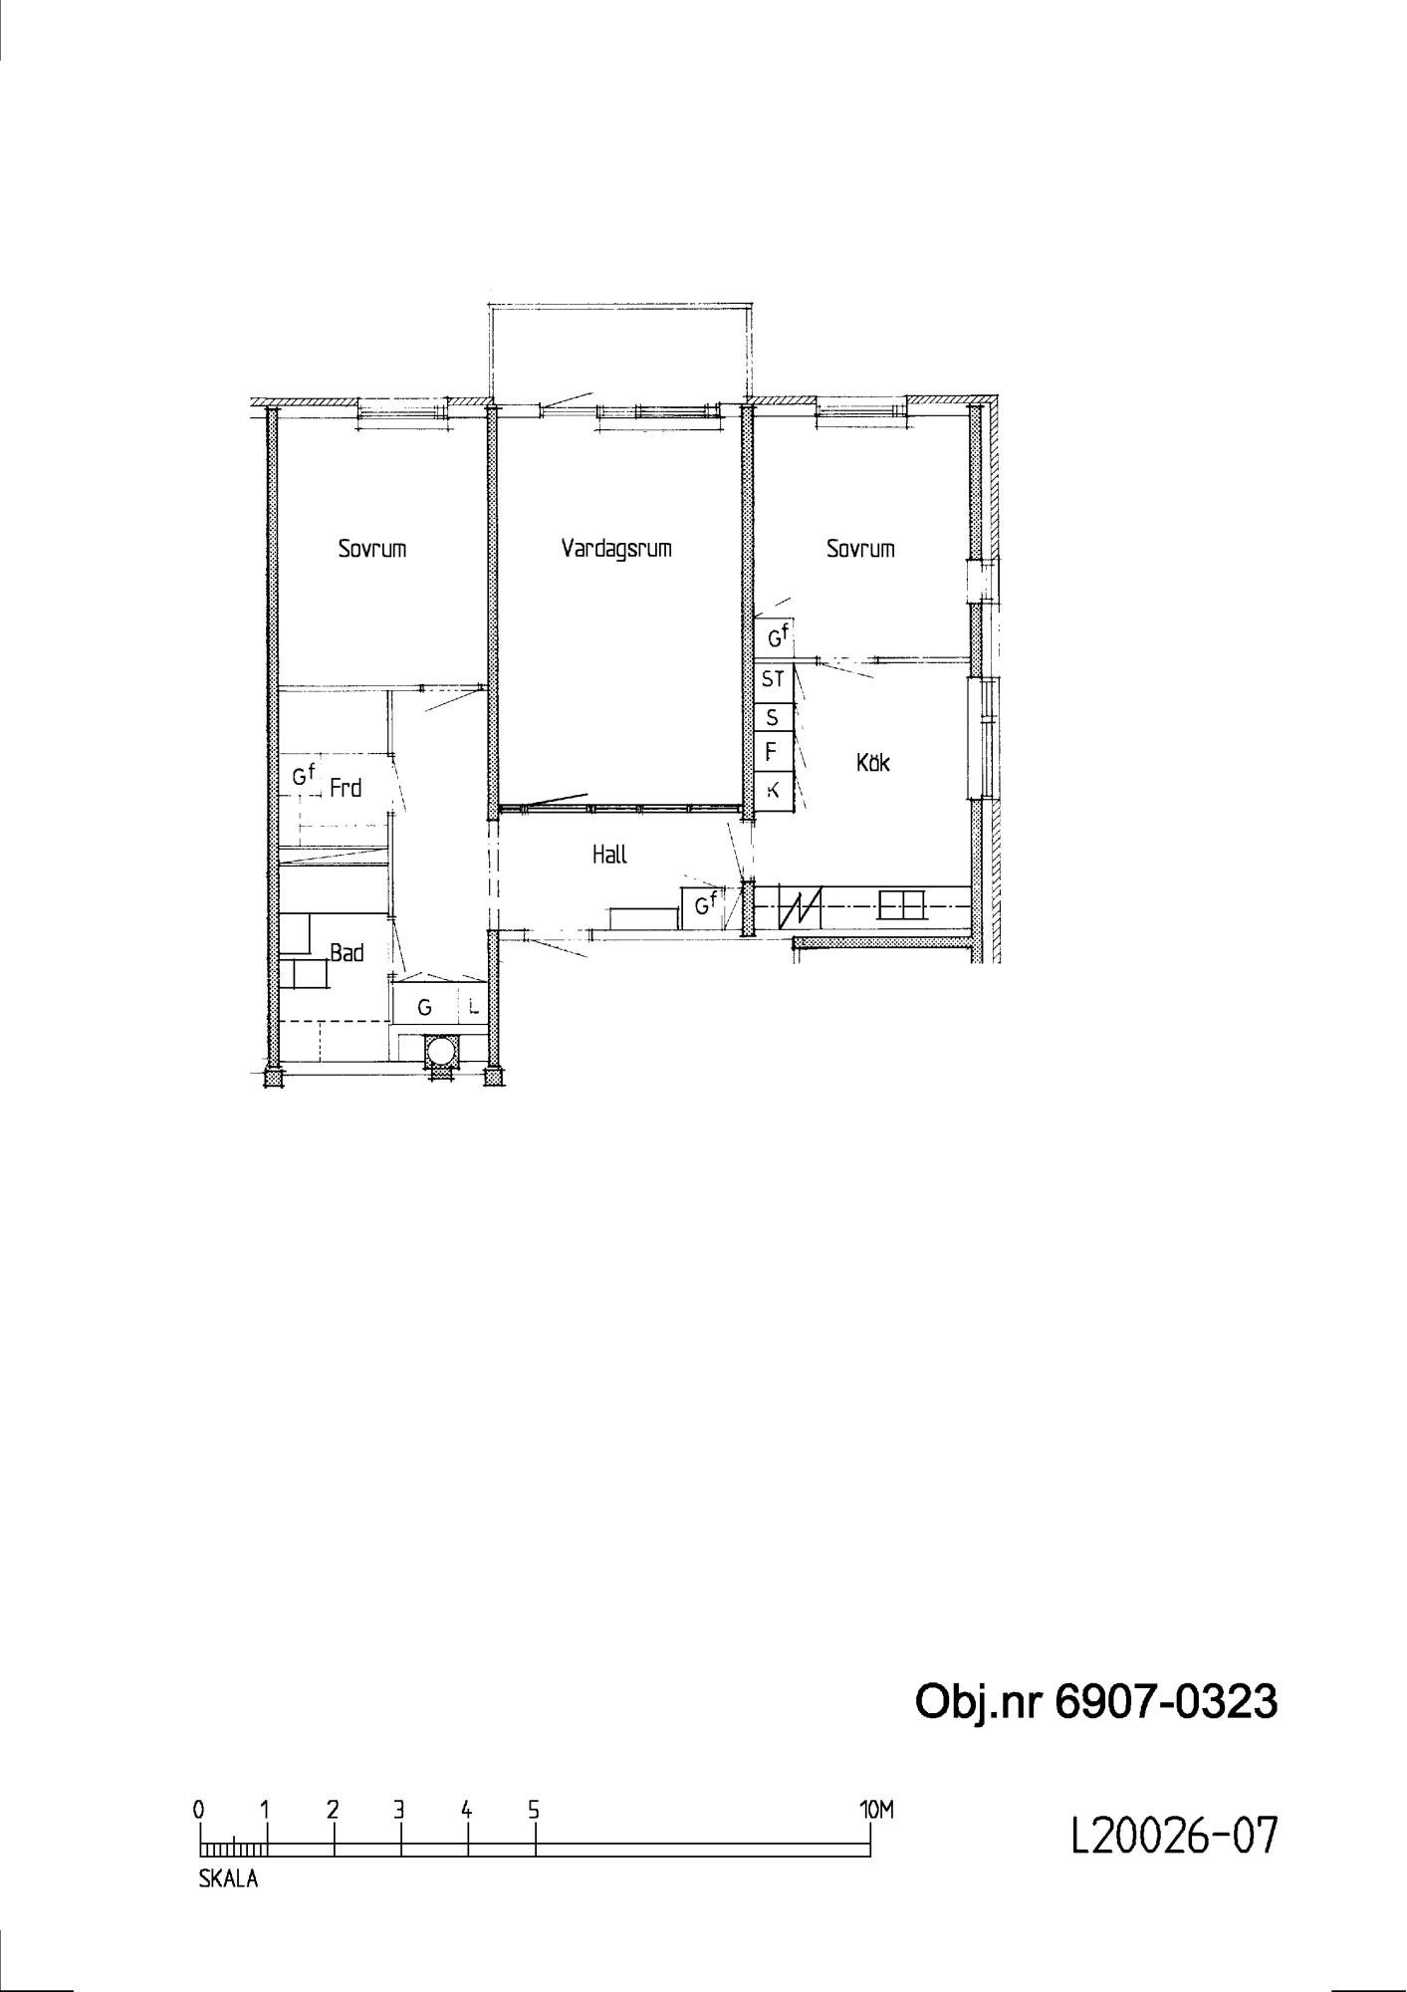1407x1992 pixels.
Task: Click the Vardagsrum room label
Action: tap(616, 548)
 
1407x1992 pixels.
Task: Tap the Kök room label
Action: tap(872, 763)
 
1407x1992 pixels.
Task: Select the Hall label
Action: tap(609, 855)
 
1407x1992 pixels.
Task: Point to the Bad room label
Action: tap(347, 953)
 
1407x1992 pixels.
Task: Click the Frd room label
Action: tap(345, 789)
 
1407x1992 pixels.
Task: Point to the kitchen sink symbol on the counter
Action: tap(901, 905)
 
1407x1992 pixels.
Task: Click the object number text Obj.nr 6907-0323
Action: tap(1095, 1703)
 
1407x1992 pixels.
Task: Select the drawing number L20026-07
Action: tap(1173, 1836)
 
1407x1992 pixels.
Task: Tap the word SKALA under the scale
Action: tap(228, 1879)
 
